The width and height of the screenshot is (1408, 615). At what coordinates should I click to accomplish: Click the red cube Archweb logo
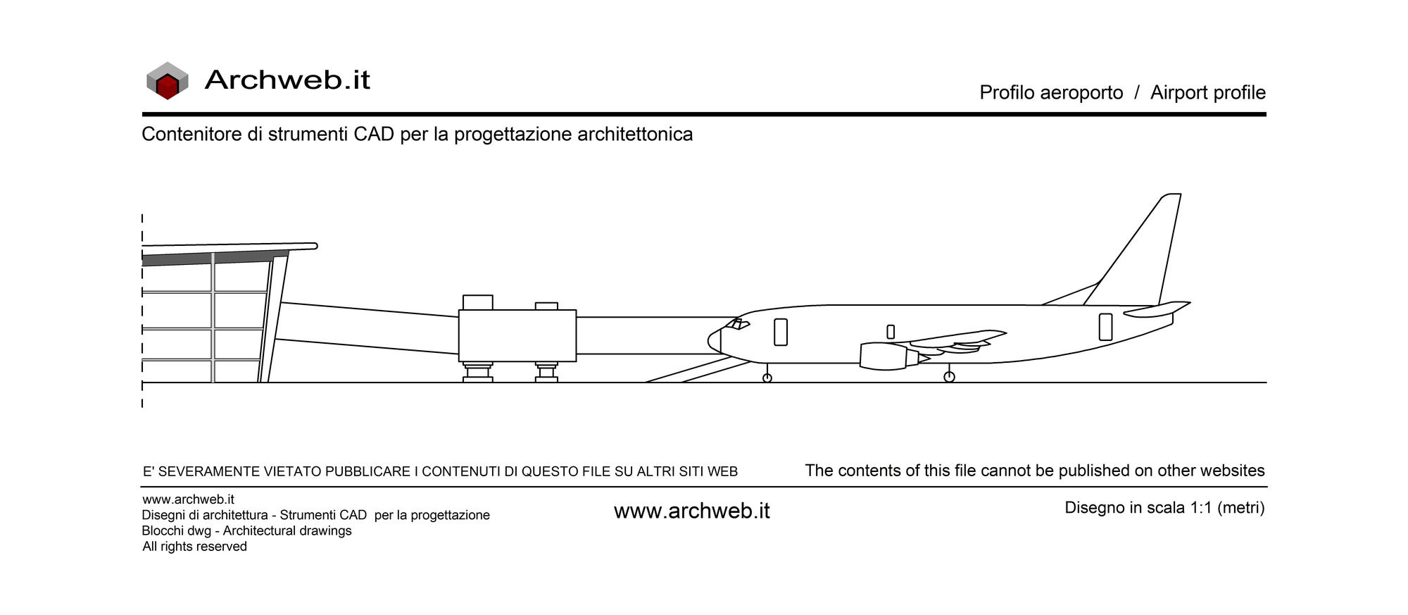168,81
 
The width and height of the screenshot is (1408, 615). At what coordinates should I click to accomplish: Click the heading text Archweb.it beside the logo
287,80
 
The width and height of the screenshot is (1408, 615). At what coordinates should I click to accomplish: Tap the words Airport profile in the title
1208,92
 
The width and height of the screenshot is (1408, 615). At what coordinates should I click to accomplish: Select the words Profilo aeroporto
1051,92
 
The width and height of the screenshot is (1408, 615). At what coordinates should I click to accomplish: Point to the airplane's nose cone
715,341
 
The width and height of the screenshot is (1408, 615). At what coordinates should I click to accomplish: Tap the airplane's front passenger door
781,332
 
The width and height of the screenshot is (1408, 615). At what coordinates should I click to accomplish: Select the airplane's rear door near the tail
1106,327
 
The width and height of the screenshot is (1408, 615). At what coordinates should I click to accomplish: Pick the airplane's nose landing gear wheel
767,378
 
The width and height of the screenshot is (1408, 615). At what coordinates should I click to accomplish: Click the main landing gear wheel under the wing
949,377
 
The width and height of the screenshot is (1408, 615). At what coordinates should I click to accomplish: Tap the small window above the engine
891,332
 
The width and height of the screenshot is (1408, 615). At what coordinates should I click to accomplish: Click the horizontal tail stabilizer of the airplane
1158,309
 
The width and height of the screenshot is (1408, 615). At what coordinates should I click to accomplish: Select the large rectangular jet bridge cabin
517,336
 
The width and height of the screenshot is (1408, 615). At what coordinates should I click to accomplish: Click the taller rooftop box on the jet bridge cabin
477,302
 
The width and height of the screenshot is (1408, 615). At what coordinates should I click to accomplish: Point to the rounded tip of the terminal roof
314,246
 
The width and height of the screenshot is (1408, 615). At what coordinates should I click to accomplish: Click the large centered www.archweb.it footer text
692,511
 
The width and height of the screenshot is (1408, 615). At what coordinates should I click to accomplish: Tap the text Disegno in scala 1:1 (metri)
1164,508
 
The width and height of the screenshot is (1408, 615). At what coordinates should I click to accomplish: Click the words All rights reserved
195,547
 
